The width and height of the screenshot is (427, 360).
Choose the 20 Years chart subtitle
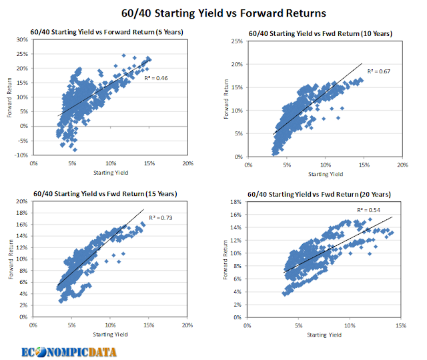pos(320,194)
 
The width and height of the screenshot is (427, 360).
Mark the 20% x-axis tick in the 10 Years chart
pos(402,164)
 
